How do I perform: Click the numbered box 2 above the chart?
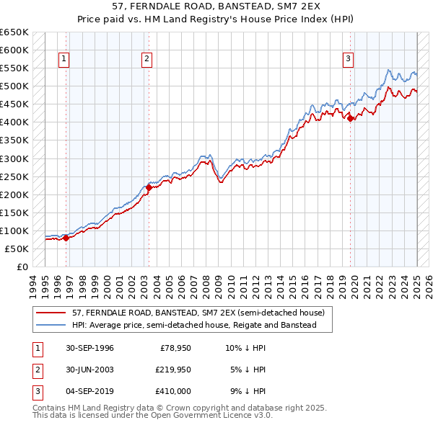[147, 60]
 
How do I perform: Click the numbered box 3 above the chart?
[348, 60]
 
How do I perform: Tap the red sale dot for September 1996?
[66, 237]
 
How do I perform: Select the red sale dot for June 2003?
[149, 187]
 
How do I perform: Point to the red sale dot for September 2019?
[351, 119]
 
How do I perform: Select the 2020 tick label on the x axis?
[354, 285]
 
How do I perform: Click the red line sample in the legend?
[51, 313]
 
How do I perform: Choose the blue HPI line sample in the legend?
[51, 326]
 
